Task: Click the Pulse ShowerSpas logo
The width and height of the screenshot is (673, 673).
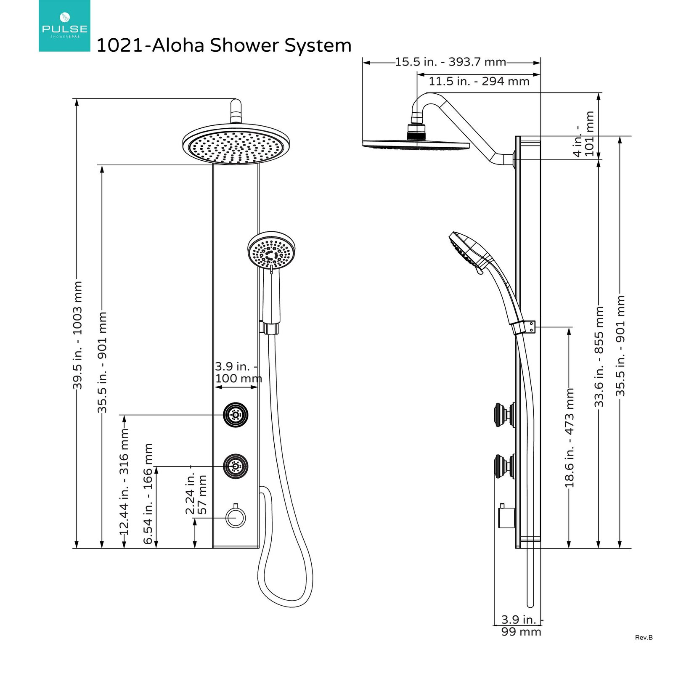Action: point(64,26)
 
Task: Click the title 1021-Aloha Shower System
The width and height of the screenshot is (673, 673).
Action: point(224,45)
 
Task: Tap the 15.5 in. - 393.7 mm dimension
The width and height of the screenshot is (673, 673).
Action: point(450,62)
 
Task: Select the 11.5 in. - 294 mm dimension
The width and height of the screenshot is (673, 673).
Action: point(479,81)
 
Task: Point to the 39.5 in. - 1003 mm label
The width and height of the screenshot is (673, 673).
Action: point(77,335)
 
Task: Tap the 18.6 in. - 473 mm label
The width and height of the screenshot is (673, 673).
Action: point(569,438)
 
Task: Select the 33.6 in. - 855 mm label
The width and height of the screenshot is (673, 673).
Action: point(599,357)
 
